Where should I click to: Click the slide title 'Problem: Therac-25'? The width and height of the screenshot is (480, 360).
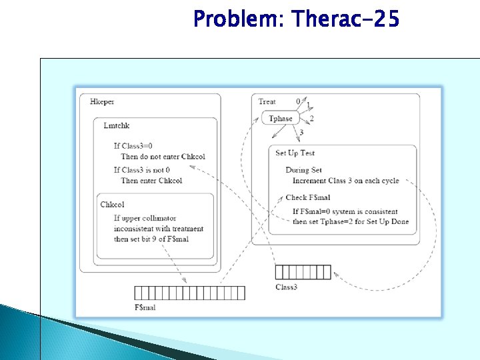click(x=296, y=19)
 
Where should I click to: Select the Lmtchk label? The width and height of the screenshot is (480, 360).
click(x=117, y=125)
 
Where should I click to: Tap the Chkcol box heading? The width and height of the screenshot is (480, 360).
click(x=112, y=205)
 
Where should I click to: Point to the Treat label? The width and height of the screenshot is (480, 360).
click(x=267, y=101)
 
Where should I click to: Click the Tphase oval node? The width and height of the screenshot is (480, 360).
click(x=280, y=119)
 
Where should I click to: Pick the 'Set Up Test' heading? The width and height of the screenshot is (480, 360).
click(x=295, y=153)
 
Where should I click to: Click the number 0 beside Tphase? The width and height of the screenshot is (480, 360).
click(x=298, y=101)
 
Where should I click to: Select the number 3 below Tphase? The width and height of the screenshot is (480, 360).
click(x=301, y=133)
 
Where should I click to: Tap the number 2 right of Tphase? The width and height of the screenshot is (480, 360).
click(x=311, y=119)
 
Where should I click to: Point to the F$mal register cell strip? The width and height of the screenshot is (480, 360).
click(x=189, y=293)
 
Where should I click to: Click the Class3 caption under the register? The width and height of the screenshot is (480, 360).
click(x=287, y=287)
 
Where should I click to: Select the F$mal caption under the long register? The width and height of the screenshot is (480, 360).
click(x=145, y=307)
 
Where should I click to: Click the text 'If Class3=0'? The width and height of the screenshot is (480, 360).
click(x=133, y=145)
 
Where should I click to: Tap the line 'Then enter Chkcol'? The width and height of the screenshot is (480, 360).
click(x=151, y=180)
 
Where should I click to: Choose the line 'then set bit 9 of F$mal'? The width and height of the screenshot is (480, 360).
click(x=151, y=239)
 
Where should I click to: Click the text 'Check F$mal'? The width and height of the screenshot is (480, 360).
click(x=308, y=197)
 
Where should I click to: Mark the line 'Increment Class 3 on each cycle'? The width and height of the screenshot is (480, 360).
click(x=345, y=181)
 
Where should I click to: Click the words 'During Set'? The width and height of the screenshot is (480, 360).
click(x=303, y=170)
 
